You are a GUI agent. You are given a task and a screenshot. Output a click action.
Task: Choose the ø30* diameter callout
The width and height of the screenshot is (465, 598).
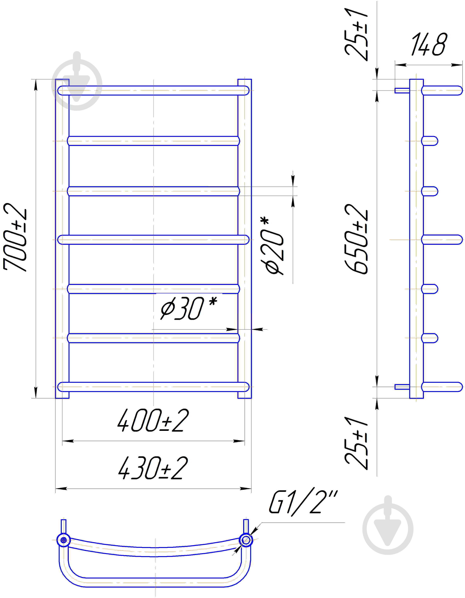189,308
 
